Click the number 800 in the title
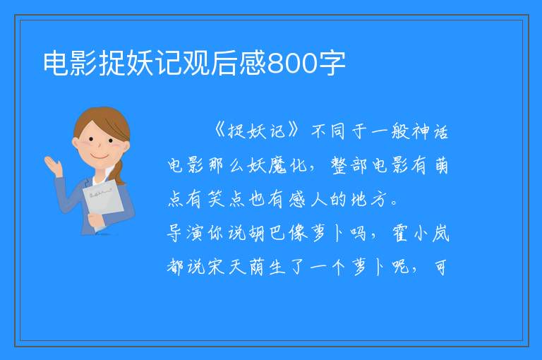click(292, 64)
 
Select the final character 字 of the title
click(332, 63)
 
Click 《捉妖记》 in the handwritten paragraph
click(256, 131)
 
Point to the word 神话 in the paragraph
click(430, 131)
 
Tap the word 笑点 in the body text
click(227, 199)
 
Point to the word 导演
click(185, 233)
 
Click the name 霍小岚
click(421, 233)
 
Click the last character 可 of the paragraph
click(440, 267)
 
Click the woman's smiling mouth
click(100, 157)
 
